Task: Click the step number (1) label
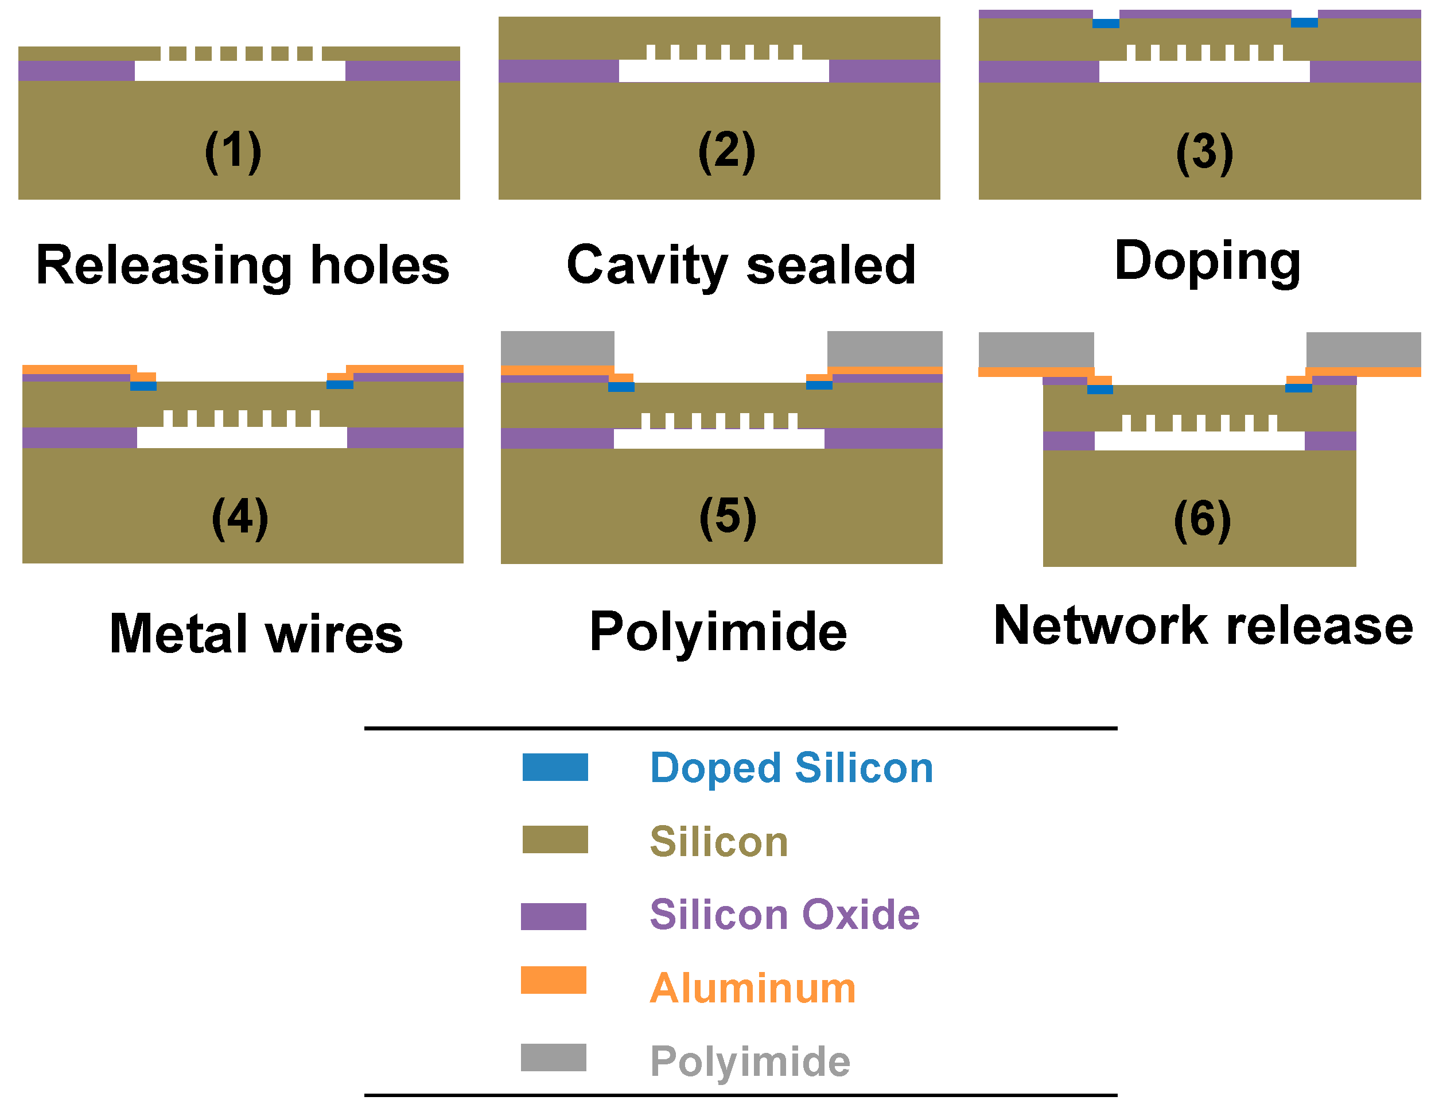pyautogui.click(x=234, y=152)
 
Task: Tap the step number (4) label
pyautogui.click(x=240, y=518)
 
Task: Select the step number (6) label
pyautogui.click(x=1203, y=520)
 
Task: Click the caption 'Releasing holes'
pyautogui.click(x=243, y=266)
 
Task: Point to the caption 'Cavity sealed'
pyautogui.click(x=741, y=266)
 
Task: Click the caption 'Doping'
pyautogui.click(x=1208, y=262)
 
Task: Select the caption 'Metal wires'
pyautogui.click(x=256, y=633)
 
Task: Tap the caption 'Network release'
pyautogui.click(x=1204, y=625)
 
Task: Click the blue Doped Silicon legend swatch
pyautogui.click(x=555, y=767)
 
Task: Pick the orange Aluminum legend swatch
pyautogui.click(x=554, y=980)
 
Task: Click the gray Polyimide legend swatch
pyautogui.click(x=554, y=1057)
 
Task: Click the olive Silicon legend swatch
pyautogui.click(x=555, y=839)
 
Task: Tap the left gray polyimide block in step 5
pyautogui.click(x=558, y=348)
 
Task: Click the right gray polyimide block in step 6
pyautogui.click(x=1364, y=349)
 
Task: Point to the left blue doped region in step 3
pyautogui.click(x=1106, y=24)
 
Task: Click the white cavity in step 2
pyautogui.click(x=724, y=71)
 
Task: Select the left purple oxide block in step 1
pyautogui.click(x=76, y=71)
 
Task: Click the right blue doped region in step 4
pyautogui.click(x=340, y=385)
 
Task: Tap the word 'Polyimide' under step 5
pyautogui.click(x=718, y=632)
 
